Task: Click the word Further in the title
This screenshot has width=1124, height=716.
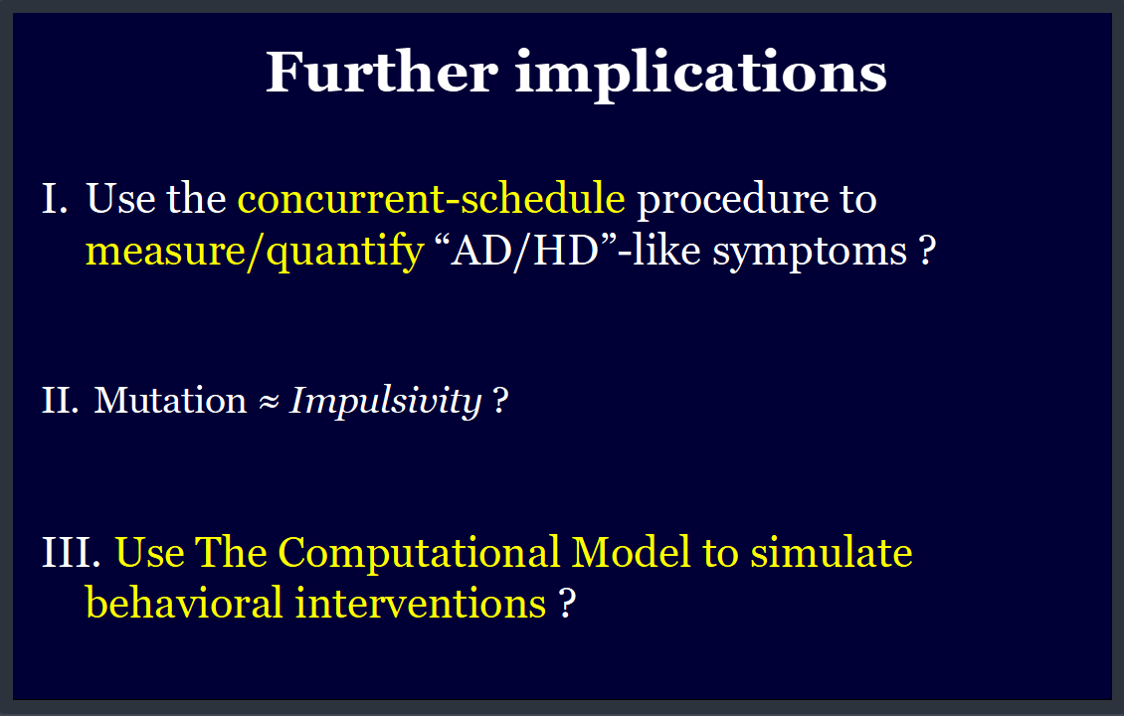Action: click(x=381, y=72)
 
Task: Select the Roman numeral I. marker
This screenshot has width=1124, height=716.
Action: click(x=55, y=199)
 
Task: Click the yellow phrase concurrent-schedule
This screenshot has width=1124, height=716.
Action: click(x=431, y=198)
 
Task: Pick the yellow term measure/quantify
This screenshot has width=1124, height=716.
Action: click(x=255, y=251)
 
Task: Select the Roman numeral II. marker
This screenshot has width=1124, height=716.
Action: click(x=61, y=400)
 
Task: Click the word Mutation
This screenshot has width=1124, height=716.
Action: click(x=171, y=400)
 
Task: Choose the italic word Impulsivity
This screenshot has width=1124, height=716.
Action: click(x=386, y=402)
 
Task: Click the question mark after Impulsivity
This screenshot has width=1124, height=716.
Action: click(x=501, y=401)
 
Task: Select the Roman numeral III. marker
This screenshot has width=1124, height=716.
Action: click(x=71, y=553)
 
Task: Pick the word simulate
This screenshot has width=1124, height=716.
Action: click(x=832, y=553)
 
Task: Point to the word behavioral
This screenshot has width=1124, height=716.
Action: click(x=184, y=602)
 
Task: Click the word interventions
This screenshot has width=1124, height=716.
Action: click(x=421, y=603)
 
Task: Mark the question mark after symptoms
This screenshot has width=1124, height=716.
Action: click(x=928, y=251)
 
